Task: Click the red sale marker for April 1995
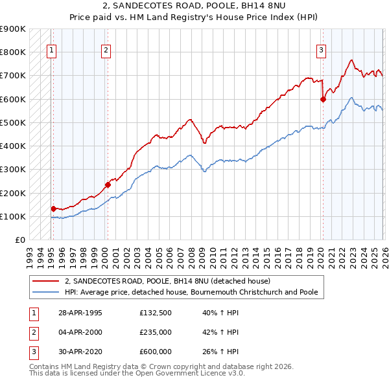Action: click(53, 208)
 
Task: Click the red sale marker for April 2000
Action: click(107, 185)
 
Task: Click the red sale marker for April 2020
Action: click(322, 99)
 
